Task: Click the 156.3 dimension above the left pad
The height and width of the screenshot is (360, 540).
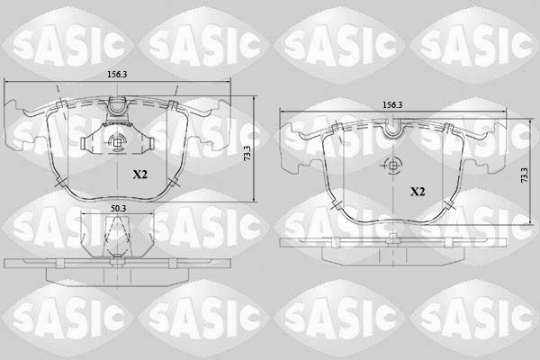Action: (117, 75)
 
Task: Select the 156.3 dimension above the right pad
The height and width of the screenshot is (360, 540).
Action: (392, 104)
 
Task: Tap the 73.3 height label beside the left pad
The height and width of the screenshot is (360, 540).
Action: (247, 153)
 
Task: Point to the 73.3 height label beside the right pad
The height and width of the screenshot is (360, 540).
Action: (524, 175)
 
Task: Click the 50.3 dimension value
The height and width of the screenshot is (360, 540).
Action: (119, 209)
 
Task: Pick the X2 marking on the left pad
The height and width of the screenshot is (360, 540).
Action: (140, 175)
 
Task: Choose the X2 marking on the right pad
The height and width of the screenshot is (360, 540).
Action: (418, 192)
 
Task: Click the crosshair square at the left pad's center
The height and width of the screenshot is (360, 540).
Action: (117, 141)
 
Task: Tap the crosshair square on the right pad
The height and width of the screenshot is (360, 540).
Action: (393, 166)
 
